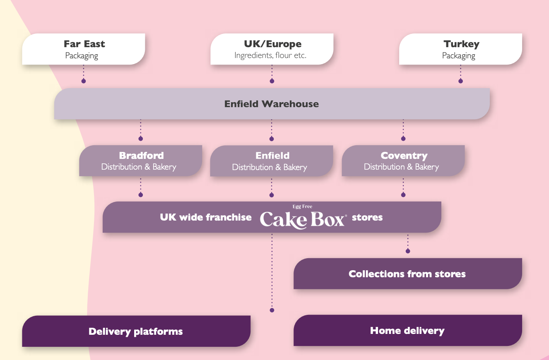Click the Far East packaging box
pos(84,49)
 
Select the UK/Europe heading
pos(272,44)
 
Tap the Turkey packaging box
pos(460,49)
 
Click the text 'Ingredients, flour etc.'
pos(270,55)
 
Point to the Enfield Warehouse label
pos(272,104)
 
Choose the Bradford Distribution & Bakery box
pos(141,161)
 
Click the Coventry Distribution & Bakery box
pos(403,161)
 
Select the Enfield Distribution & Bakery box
pos(272,161)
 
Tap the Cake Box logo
pos(302,219)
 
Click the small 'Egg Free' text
pos(302,206)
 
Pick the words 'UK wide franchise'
pos(206,217)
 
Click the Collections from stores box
pos(407,274)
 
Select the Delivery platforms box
pos(136,331)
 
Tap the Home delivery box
pos(407,330)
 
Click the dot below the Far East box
pos(84,81)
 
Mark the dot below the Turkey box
pos(460,81)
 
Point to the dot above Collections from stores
pos(408,251)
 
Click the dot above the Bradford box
pos(141,139)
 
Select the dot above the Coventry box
pos(403,139)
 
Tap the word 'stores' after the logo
pos(367,217)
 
